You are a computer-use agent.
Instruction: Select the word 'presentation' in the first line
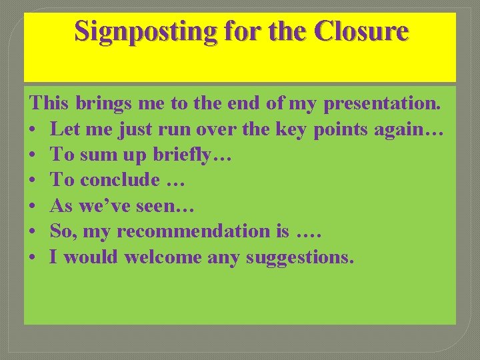381,104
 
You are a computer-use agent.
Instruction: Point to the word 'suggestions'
299,257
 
